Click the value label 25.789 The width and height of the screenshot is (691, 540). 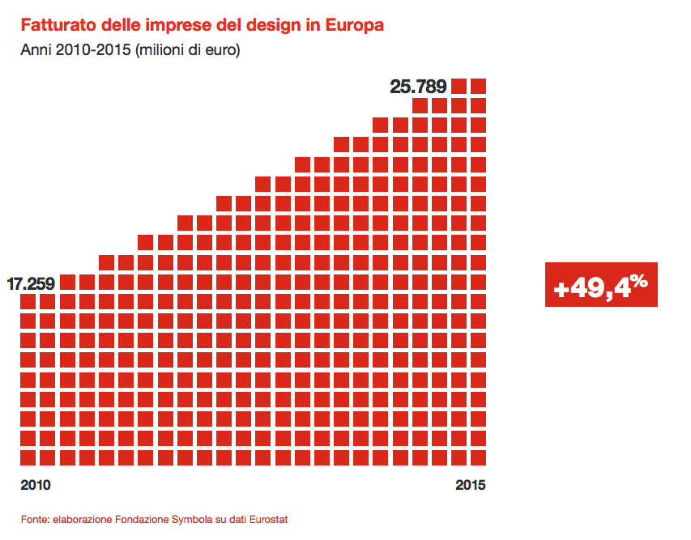pyautogui.click(x=419, y=86)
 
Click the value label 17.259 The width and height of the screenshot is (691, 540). pyautogui.click(x=31, y=283)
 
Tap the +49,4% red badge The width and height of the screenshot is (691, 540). pyautogui.click(x=600, y=285)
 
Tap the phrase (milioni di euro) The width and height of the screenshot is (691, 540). pyautogui.click(x=188, y=50)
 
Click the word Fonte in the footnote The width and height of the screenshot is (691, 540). pyautogui.click(x=34, y=519)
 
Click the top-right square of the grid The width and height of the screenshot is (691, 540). pyautogui.click(x=478, y=86)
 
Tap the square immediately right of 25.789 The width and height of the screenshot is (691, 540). pyautogui.click(x=459, y=86)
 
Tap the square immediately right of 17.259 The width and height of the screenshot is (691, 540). pyautogui.click(x=67, y=282)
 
